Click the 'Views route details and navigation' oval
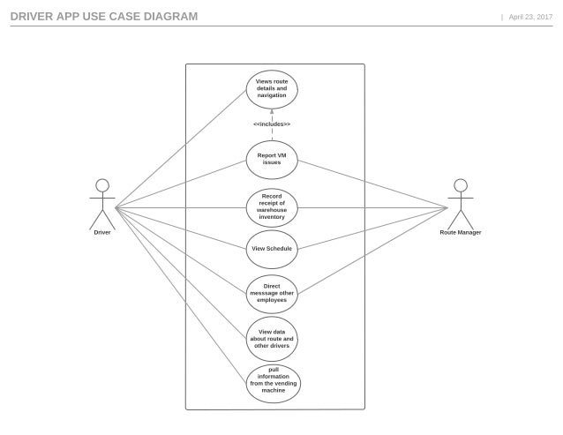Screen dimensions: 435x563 coord(272,88)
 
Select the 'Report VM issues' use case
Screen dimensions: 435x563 coord(272,159)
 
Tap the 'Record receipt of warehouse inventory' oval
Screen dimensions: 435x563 coord(272,207)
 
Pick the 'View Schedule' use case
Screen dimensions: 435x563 coord(272,249)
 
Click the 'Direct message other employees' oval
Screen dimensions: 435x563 coord(272,293)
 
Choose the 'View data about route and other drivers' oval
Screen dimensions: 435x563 coord(272,338)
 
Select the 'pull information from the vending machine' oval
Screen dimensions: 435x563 coord(272,380)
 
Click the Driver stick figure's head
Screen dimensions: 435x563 coord(102,185)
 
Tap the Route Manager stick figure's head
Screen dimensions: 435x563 coord(460,185)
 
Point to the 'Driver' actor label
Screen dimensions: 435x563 coord(102,233)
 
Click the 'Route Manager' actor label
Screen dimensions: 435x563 coord(461,233)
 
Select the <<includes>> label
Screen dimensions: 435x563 coord(272,124)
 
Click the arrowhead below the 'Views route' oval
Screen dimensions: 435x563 coord(272,112)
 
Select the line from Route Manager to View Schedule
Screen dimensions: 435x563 coord(371,229)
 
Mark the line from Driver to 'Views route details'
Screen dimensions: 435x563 coord(180,148)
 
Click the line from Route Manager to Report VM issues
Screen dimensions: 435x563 coord(371,184)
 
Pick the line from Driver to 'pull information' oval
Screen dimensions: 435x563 coord(180,295)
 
